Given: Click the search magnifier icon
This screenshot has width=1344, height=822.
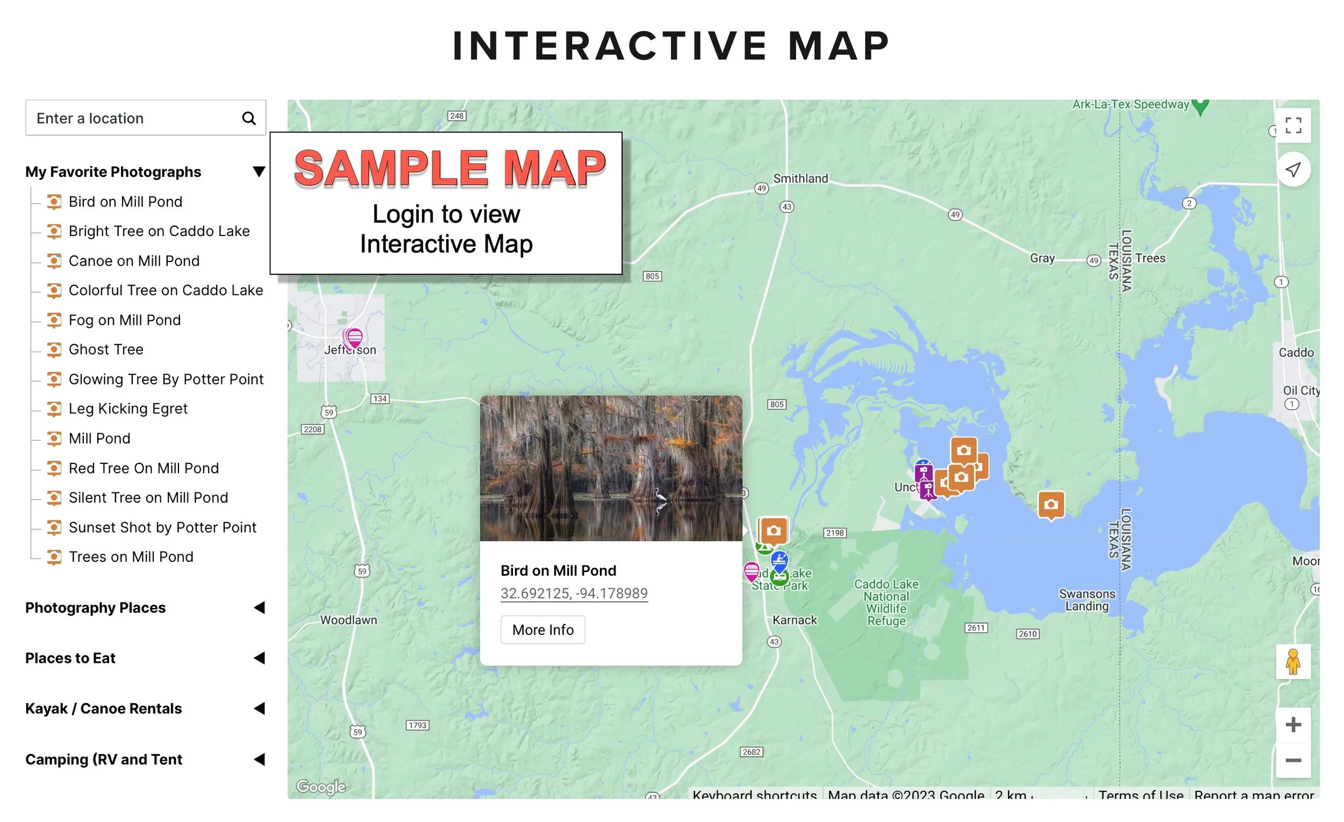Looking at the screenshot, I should coord(249,118).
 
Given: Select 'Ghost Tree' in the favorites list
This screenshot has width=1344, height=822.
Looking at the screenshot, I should coord(106,349).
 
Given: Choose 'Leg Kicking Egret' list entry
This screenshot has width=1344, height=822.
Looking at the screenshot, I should coord(127,409).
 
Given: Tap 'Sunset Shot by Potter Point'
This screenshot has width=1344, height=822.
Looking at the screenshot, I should coord(162,528).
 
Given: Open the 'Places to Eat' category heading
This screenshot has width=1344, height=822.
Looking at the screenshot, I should coord(70,659).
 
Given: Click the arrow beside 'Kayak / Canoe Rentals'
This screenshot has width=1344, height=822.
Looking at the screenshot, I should coord(260,709).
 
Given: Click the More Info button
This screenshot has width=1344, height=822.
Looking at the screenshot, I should coord(543,630).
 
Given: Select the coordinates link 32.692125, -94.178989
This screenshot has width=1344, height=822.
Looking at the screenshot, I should coord(574,594).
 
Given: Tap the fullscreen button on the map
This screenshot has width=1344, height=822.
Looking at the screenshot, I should coord(1293,125).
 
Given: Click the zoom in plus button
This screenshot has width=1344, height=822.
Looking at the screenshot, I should coord(1293,725).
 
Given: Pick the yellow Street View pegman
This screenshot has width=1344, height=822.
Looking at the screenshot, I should coord(1293,662).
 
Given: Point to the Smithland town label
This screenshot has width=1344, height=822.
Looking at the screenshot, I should coord(800,178).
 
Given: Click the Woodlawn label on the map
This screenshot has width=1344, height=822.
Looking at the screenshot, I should coord(348,620).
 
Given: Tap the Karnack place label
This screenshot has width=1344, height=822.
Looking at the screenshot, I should coord(795,620).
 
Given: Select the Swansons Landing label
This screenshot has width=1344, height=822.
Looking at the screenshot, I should coord(1087,600).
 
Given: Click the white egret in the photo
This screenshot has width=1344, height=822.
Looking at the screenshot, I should coord(661,498).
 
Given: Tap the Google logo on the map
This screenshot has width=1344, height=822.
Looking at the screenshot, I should coord(321,787).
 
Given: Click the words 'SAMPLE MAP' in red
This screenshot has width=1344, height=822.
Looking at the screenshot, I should coord(449,169).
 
